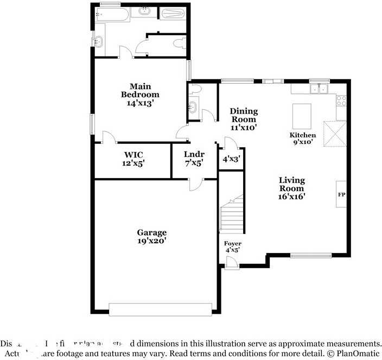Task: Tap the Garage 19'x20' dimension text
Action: click(x=151, y=241)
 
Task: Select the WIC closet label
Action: click(x=133, y=155)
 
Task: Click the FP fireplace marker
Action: click(x=342, y=194)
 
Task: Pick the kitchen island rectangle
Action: click(x=302, y=115)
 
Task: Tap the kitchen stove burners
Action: click(x=341, y=100)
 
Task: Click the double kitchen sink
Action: click(x=320, y=89)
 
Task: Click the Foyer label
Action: click(x=233, y=244)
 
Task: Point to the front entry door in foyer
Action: click(x=232, y=263)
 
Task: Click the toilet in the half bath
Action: click(x=195, y=88)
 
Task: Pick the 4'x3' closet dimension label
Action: click(x=232, y=160)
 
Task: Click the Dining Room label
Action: click(x=244, y=115)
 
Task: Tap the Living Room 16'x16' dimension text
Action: click(x=291, y=197)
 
